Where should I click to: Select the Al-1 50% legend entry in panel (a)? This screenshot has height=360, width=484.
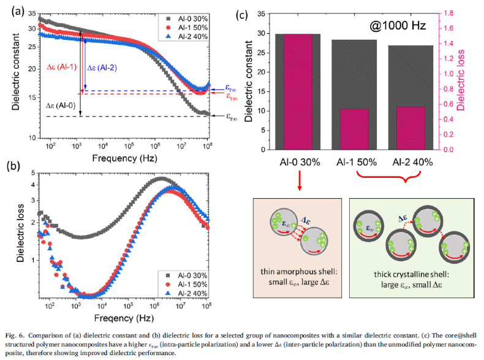pyautogui.click(x=187, y=28)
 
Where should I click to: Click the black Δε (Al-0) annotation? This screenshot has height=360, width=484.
pyautogui.click(x=61, y=105)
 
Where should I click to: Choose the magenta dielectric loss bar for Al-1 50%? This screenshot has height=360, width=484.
pyautogui.click(x=354, y=129)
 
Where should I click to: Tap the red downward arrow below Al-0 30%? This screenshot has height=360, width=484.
pyautogui.click(x=299, y=181)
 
